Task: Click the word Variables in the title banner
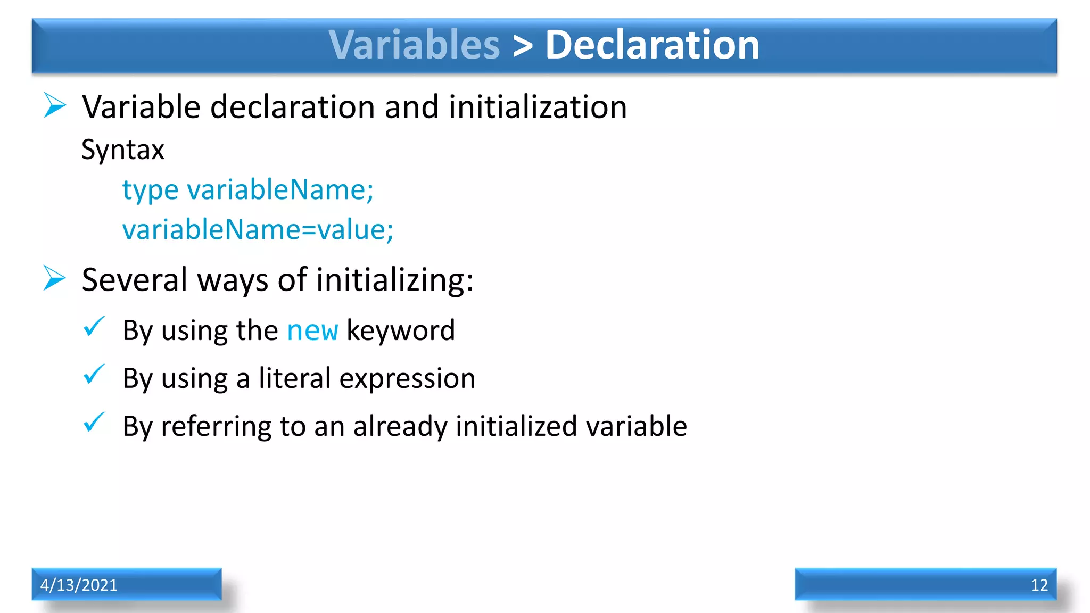click(414, 45)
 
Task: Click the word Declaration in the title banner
click(652, 45)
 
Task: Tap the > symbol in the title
click(523, 46)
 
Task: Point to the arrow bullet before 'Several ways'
click(55, 278)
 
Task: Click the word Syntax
click(122, 150)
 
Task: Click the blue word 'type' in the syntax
click(150, 190)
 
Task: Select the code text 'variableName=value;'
click(258, 230)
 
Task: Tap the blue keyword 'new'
click(312, 330)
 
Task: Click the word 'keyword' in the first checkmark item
click(401, 330)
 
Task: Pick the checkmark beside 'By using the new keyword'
click(94, 327)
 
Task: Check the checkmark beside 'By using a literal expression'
click(94, 375)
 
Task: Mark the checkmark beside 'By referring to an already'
click(94, 423)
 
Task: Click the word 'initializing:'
click(394, 280)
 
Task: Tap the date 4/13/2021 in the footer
click(79, 585)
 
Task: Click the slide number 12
click(1039, 585)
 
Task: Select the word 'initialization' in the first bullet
click(538, 107)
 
